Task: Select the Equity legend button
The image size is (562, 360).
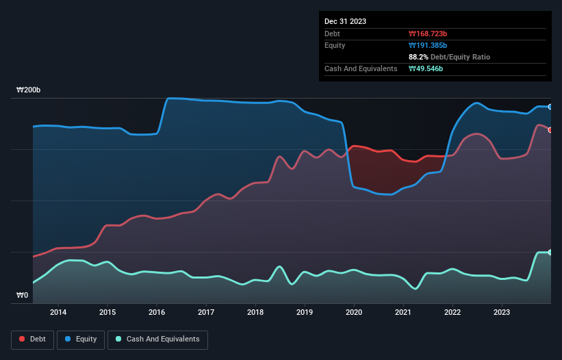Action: [x=81, y=339]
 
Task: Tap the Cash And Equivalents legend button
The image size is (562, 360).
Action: [x=157, y=339]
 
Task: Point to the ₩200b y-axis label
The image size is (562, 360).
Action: [x=29, y=90]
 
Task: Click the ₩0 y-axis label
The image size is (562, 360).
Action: [x=23, y=296]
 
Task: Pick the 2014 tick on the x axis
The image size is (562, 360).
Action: [x=58, y=313]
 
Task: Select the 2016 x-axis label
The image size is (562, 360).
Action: [x=157, y=313]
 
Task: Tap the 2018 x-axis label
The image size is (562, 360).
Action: [x=255, y=313]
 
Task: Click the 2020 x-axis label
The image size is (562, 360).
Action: [x=354, y=313]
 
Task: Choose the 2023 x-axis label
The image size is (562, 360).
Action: [x=502, y=313]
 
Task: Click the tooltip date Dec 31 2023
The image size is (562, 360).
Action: [x=345, y=21]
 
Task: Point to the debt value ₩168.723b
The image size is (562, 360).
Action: [x=427, y=34]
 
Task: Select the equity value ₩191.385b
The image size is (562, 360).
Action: [x=427, y=45]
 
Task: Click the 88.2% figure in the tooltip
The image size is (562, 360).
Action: [x=418, y=57]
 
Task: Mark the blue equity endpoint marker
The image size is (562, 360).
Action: [x=550, y=107]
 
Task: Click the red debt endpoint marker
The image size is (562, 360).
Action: [x=550, y=130]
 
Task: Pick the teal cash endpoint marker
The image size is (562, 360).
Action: [x=550, y=253]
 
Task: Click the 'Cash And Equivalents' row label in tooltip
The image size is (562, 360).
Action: [x=361, y=68]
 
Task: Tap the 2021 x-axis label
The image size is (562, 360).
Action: [x=403, y=313]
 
